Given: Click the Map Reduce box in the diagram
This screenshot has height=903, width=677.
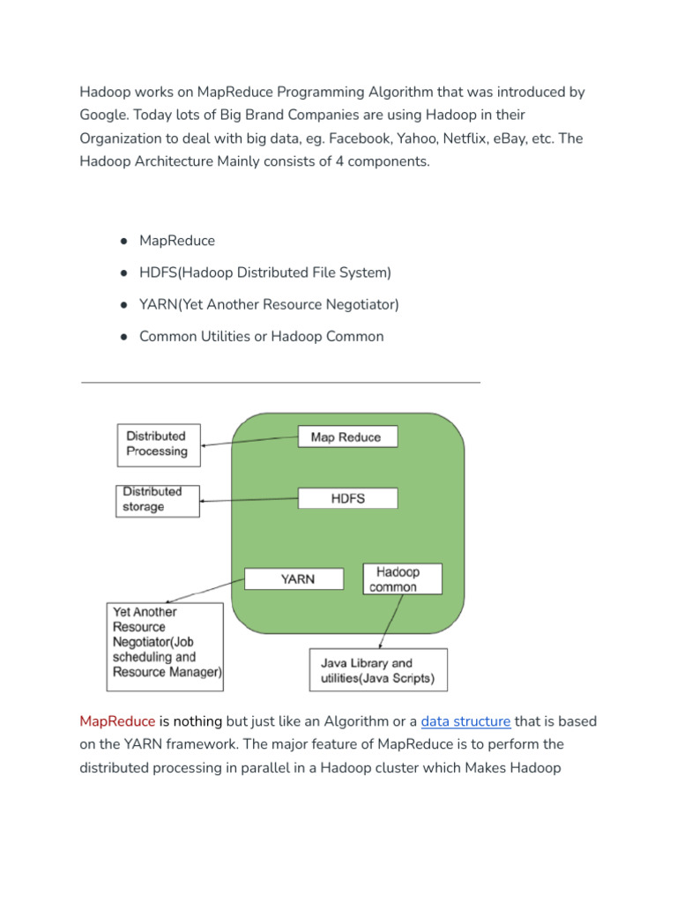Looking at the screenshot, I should tap(347, 437).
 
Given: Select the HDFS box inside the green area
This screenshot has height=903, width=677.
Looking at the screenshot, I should tap(347, 498).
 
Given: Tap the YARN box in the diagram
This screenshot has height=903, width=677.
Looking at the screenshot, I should tap(293, 579).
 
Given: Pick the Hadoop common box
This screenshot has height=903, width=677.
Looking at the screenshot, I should tap(402, 579).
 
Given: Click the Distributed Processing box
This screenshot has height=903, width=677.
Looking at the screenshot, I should tap(158, 444).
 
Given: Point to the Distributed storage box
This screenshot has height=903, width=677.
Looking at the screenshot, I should tap(157, 500).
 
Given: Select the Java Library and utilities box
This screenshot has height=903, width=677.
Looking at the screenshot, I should tap(377, 671).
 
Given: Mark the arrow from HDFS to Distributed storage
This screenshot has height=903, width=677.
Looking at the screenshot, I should tap(249, 501).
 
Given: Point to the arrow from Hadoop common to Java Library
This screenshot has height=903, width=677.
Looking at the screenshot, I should tap(392, 622).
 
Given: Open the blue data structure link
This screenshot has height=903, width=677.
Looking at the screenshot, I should tap(465, 721).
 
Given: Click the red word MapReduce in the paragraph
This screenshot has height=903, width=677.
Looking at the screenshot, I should tap(117, 721).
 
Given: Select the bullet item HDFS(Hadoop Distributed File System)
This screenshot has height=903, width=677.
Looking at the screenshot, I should tap(265, 272).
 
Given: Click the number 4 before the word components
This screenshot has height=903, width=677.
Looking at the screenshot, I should tap(339, 161).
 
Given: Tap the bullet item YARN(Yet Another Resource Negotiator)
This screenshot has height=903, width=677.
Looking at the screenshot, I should tap(269, 304).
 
